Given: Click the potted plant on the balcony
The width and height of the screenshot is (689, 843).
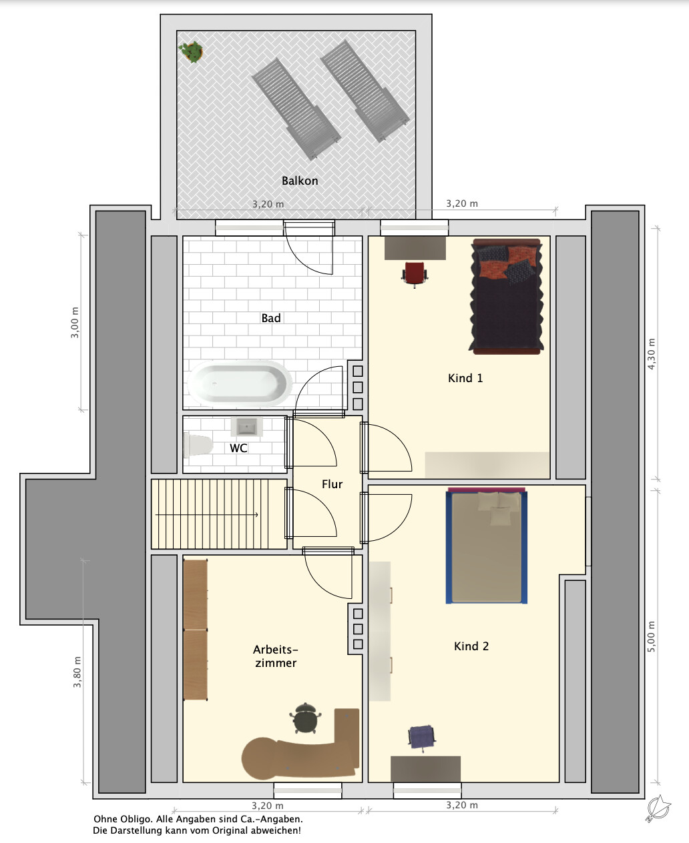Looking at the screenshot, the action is pos(191,51).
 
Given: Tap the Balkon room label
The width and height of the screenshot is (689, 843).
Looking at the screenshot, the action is pos(300,181).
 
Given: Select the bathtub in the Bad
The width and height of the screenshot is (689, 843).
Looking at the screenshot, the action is pos(240,383).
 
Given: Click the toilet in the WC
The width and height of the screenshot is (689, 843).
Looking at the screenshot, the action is pos(197,444).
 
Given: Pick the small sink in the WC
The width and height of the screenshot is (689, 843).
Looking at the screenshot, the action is pos(247,428).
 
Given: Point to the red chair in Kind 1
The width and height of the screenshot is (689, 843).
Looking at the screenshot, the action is pos(415,274).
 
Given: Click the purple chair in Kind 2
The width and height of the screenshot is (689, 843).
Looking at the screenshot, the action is pos(422,738).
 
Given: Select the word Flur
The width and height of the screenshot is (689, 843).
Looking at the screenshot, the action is pos(332,484).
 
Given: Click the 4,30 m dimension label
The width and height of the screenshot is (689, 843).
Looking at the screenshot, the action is pos(652,353).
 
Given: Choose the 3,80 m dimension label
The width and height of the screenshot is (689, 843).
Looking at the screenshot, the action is pos(77,672).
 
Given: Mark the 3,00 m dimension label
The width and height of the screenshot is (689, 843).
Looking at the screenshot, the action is pos(75,322).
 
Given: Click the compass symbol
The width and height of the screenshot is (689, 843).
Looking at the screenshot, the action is pos(658,808).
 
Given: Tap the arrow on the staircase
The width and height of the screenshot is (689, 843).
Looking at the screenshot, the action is pos(206,514).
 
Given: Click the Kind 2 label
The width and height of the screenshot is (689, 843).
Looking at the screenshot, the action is pos(471,646).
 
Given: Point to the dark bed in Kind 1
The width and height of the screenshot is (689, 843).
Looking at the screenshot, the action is pos(507,297).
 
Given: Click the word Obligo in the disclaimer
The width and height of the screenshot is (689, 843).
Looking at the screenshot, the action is pos(134,820).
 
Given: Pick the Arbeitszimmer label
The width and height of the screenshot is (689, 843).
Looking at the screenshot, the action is pos(276,656).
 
